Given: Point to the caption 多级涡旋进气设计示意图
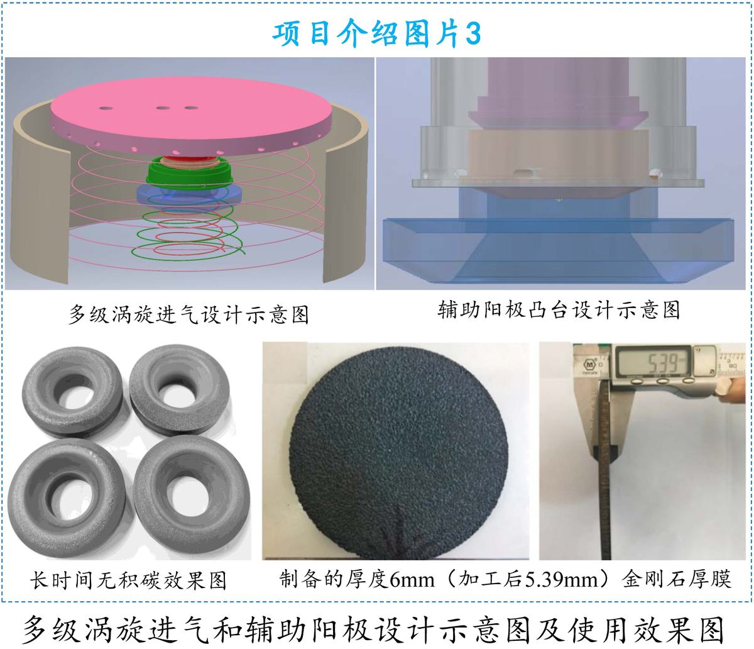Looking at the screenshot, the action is click(x=189, y=314).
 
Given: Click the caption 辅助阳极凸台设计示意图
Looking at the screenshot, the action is click(x=559, y=310).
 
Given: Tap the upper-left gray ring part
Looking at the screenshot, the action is click(x=72, y=392).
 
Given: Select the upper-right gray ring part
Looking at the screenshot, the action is click(x=180, y=391).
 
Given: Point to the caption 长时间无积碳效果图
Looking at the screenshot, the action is click(x=128, y=580).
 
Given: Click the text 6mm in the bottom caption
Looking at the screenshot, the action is click(x=412, y=580).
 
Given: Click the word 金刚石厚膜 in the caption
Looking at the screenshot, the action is click(x=677, y=579).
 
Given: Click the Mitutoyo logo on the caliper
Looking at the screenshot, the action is click(x=589, y=364).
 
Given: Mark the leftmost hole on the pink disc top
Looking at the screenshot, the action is click(x=106, y=109).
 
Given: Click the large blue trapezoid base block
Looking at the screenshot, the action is click(x=559, y=252).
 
